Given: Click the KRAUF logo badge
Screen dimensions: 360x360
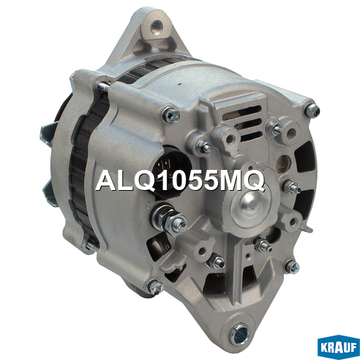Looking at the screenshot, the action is click(x=338, y=346).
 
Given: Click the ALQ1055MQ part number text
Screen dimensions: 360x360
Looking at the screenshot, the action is click(x=180, y=181).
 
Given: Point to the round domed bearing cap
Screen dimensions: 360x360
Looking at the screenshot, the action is click(x=251, y=206).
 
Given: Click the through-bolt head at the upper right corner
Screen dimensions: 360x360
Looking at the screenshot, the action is click(x=312, y=111).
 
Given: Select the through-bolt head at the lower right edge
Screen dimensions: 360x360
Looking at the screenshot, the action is click(x=292, y=267).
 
